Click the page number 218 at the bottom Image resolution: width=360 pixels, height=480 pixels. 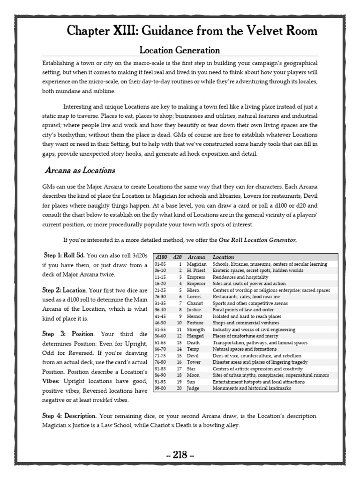(x=180, y=454)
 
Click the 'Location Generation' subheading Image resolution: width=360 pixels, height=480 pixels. (x=180, y=50)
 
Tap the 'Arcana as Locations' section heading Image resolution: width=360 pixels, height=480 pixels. (x=80, y=170)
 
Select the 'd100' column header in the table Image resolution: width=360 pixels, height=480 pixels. (x=161, y=257)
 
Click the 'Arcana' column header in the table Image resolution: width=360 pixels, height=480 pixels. (x=196, y=257)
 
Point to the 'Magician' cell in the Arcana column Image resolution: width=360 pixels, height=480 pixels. (x=197, y=264)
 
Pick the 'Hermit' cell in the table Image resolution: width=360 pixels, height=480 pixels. (x=195, y=316)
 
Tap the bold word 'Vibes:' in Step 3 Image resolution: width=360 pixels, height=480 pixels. (x=52, y=381)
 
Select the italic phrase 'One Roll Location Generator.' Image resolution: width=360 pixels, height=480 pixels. (x=258, y=240)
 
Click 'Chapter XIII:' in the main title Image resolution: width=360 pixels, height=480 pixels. (x=98, y=31)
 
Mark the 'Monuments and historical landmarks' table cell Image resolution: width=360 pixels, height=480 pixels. (x=251, y=388)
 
